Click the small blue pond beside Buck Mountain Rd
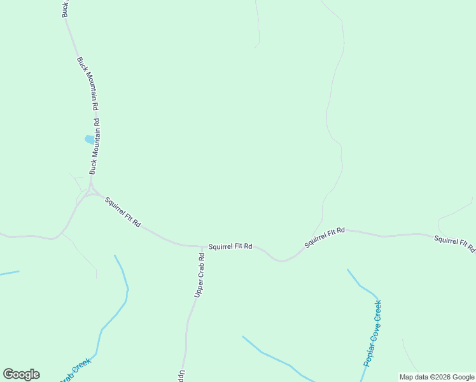(x=88, y=139)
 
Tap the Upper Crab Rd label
(x=199, y=276)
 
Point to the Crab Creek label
(x=75, y=371)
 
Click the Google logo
(x=21, y=374)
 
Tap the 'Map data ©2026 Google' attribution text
(x=437, y=377)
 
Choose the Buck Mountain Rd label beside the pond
(x=95, y=146)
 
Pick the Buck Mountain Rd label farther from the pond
(x=87, y=80)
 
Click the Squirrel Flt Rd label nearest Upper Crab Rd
(x=230, y=246)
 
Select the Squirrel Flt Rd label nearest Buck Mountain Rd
(x=123, y=213)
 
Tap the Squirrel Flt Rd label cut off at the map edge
(x=454, y=244)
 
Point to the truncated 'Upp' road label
(x=181, y=375)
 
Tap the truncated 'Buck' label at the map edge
(x=64, y=8)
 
